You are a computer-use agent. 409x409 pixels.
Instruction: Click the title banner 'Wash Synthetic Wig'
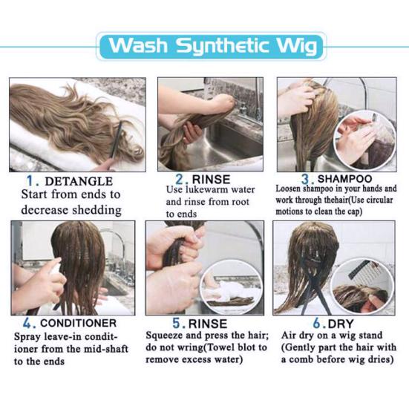pyautogui.click(x=212, y=46)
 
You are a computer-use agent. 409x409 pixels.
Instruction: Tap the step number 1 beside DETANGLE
pyautogui.click(x=30, y=181)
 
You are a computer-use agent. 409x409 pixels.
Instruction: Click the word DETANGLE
pyautogui.click(x=79, y=181)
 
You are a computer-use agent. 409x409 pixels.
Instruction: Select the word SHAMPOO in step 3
pyautogui.click(x=344, y=179)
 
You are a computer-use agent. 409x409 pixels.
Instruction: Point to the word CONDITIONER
pyautogui.click(x=78, y=323)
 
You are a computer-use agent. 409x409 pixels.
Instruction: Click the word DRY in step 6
pyautogui.click(x=341, y=324)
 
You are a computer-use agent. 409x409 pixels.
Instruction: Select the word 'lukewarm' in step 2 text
pyautogui.click(x=206, y=189)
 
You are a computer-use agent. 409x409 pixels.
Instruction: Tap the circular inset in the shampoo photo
pyautogui.click(x=365, y=140)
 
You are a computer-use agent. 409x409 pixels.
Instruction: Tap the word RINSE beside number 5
pyautogui.click(x=208, y=324)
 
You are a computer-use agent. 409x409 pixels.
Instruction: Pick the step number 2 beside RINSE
pyautogui.click(x=180, y=180)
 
